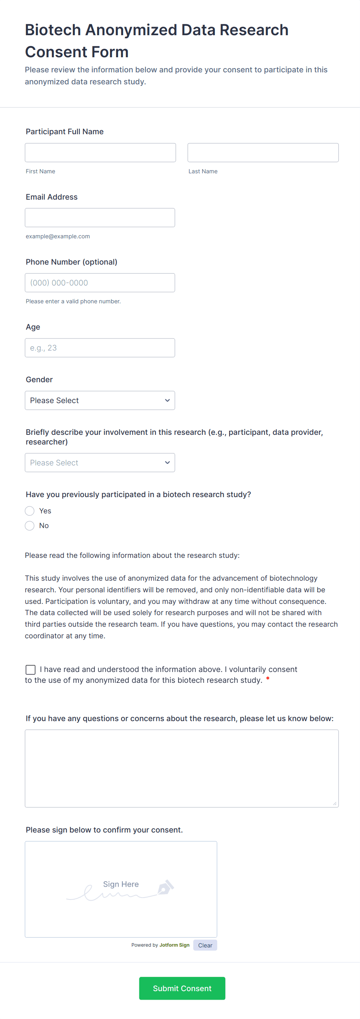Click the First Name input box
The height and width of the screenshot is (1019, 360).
[100, 153]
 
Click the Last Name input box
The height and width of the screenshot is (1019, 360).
[263, 153]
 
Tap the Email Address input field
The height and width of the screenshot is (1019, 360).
[100, 217]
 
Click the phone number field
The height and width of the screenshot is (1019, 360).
[100, 283]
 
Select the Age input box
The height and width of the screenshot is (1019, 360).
[100, 348]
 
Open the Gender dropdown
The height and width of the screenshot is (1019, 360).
[100, 400]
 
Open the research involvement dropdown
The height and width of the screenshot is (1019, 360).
[100, 462]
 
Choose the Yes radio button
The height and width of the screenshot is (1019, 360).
[30, 511]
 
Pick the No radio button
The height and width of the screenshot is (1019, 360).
[30, 525]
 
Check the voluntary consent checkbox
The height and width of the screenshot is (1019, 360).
[31, 669]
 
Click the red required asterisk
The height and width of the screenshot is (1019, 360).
[268, 679]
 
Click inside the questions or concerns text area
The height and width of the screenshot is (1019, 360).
[182, 768]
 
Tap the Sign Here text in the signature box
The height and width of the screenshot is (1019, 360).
[121, 884]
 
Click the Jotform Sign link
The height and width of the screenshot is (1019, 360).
[174, 945]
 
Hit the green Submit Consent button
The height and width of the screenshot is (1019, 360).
[182, 988]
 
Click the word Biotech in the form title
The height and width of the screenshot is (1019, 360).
[53, 30]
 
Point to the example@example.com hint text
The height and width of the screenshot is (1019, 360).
[58, 236]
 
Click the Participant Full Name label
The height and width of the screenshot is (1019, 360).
[65, 132]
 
